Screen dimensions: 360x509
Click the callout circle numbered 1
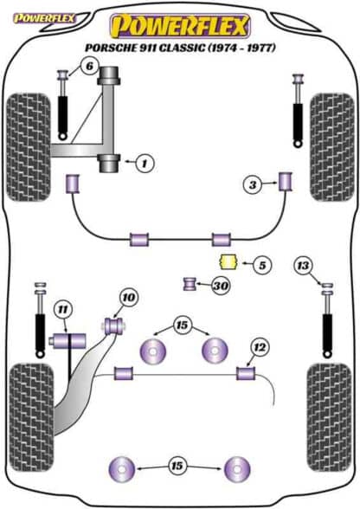145,163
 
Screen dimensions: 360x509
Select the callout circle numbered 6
89,66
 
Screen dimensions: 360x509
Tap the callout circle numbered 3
253,185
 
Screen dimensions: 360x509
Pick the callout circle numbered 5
262,265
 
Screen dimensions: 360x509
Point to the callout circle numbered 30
221,286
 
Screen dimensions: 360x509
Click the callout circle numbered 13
303,265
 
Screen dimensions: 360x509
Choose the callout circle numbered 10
129,297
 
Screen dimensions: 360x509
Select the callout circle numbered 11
63,309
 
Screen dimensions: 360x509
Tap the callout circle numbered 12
260,348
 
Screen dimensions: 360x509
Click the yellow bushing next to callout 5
228,262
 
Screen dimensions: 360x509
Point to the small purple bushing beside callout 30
190,284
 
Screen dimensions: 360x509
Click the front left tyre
29,147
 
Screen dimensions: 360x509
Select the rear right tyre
330,417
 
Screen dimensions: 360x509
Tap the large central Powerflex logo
180,26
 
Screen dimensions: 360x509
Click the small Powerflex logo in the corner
44,18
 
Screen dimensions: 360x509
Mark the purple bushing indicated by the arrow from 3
286,181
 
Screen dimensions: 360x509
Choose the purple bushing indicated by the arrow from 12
246,373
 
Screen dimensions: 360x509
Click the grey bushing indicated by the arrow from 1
109,164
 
